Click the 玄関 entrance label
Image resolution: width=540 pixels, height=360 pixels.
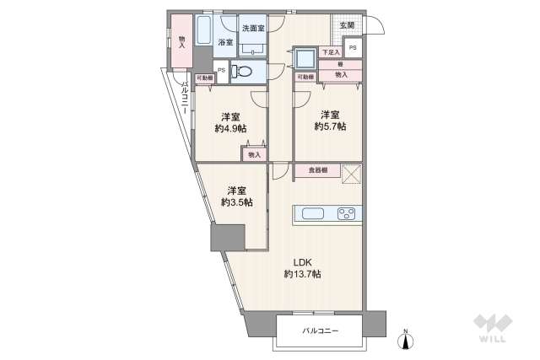pyautogui.click(x=348, y=25)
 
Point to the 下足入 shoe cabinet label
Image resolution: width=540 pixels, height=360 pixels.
pyautogui.click(x=331, y=53)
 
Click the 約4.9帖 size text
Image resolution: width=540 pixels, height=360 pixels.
pyautogui.click(x=230, y=128)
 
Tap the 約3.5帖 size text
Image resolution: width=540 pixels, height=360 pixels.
pyautogui.click(x=237, y=202)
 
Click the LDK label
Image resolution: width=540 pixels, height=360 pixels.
pyautogui.click(x=301, y=261)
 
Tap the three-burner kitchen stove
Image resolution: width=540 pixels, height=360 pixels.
pyautogui.click(x=348, y=212)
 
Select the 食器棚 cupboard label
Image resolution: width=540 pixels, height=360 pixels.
pyautogui.click(x=317, y=171)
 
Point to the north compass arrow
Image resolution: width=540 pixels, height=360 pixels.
pyautogui.click(x=405, y=340)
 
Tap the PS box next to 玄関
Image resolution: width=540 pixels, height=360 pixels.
pyautogui.click(x=354, y=47)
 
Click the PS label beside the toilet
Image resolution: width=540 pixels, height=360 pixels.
pyautogui.click(x=221, y=71)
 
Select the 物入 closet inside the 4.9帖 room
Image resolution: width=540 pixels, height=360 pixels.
pyautogui.click(x=255, y=154)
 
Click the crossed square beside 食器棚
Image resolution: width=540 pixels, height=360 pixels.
pyautogui.click(x=353, y=175)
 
